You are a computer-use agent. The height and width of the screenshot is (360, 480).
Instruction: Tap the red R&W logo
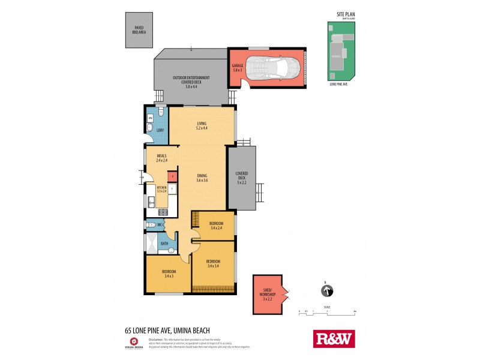click(334, 338)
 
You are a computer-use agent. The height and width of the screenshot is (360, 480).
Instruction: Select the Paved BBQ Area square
click(139, 30)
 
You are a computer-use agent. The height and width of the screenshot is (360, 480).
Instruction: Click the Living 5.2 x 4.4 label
click(201, 125)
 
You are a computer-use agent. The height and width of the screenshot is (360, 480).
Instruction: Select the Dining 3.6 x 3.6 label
click(202, 178)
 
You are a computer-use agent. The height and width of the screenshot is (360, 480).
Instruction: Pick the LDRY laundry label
click(160, 130)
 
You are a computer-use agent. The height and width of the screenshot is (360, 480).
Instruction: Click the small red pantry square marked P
click(172, 176)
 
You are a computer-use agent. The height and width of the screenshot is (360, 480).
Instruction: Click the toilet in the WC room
click(152, 225)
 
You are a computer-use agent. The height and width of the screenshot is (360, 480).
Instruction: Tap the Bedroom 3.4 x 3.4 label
click(213, 263)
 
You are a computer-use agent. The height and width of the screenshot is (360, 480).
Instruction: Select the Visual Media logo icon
click(134, 340)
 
